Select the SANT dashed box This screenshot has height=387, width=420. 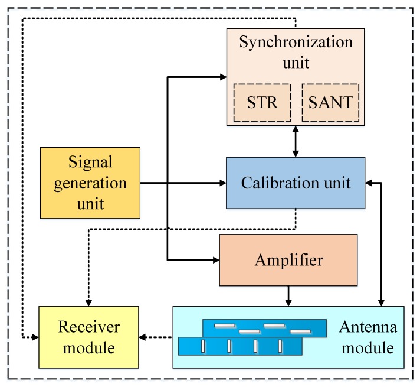point(330,102)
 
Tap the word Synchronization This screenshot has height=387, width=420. point(295,43)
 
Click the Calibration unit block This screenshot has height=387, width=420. point(296,183)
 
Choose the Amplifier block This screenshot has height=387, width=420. point(288,260)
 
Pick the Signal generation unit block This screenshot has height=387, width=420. point(90,183)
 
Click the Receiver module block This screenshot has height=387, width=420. point(88,337)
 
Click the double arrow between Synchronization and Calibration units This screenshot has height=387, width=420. point(296,141)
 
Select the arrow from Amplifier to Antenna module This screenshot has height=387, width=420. point(288,295)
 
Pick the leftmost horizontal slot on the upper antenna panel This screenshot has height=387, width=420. point(224,325)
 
